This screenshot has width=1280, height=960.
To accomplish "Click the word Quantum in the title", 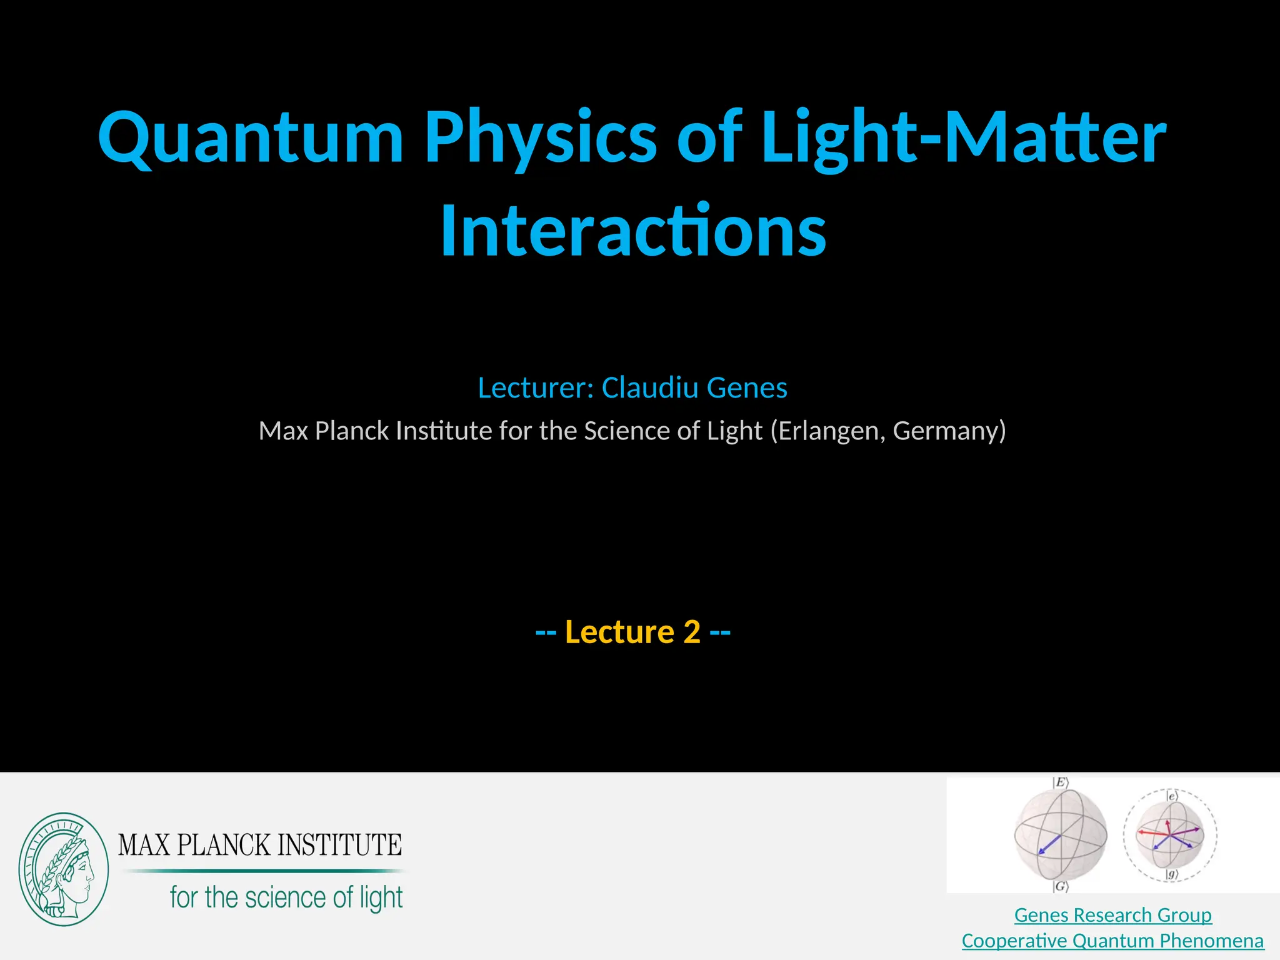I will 250,139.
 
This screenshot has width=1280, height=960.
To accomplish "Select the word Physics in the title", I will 540,139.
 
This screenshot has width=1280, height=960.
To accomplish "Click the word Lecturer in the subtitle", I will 535,388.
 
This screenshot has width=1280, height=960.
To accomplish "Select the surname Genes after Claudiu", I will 747,388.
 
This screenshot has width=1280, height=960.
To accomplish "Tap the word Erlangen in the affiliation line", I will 828,431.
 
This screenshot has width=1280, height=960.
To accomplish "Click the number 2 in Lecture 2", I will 692,632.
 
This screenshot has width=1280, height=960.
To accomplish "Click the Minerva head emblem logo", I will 63,869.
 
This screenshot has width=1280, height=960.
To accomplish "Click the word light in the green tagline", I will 381,898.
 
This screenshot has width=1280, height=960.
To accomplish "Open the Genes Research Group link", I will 1112,915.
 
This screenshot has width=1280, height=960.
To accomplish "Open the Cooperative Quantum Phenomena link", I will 1112,941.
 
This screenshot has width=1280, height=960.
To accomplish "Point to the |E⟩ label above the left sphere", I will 1061,782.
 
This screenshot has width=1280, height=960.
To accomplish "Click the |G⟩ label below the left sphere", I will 1060,886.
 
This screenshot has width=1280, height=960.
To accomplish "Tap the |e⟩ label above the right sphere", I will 1172,796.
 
